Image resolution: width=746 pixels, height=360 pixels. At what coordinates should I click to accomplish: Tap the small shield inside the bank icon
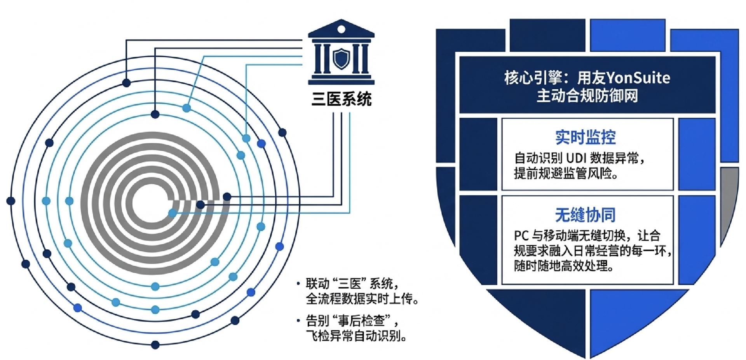coord(341,59)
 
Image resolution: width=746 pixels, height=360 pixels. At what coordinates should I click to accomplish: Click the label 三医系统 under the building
coord(342,99)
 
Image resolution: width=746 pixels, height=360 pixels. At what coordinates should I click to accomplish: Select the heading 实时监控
coord(586,137)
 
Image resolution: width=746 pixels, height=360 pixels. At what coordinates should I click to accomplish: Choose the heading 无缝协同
coord(586,215)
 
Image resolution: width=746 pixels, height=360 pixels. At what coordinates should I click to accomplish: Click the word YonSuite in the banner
coord(638,78)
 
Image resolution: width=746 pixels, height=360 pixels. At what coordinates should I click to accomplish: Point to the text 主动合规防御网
coord(587,96)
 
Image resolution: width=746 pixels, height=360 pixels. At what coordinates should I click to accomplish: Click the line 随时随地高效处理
coord(563,266)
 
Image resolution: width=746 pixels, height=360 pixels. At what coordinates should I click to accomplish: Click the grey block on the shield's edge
coord(729,198)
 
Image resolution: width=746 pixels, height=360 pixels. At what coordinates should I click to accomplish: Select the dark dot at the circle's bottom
coord(155,344)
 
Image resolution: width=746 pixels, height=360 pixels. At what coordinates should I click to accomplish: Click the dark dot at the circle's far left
coord(11,201)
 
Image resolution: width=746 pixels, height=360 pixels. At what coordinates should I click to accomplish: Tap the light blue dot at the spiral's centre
coord(173,212)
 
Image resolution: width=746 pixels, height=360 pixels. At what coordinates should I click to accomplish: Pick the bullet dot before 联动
coord(298,283)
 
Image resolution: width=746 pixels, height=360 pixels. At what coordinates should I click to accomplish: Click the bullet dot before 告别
coord(298,321)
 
